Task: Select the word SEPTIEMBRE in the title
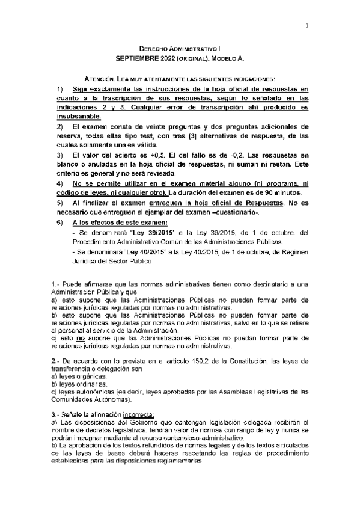coord(136,59)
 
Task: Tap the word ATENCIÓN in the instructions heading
coord(102,79)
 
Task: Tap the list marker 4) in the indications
coord(59,182)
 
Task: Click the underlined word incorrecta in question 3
coord(138,414)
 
